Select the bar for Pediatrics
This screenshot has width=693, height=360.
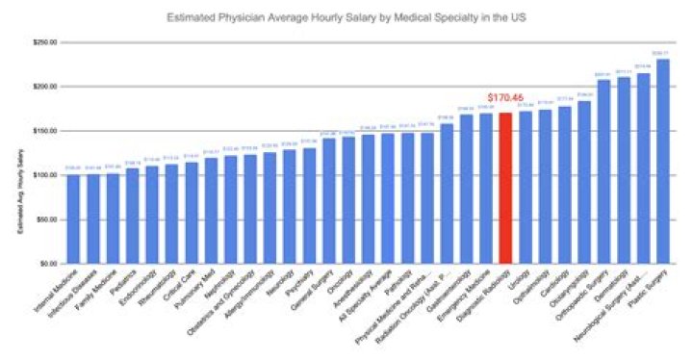pyautogui.click(x=132, y=216)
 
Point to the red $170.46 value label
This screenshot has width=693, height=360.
pyautogui.click(x=505, y=98)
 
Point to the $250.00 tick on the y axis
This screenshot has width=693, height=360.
pyautogui.click(x=44, y=42)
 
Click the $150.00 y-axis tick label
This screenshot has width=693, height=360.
pyautogui.click(x=44, y=131)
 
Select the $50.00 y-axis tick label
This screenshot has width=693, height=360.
pyautogui.click(x=45, y=219)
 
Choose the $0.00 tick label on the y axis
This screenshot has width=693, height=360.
pyautogui.click(x=47, y=263)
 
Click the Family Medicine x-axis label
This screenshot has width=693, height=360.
pyautogui.click(x=97, y=287)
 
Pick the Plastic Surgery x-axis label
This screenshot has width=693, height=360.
pyautogui.click(x=647, y=288)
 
